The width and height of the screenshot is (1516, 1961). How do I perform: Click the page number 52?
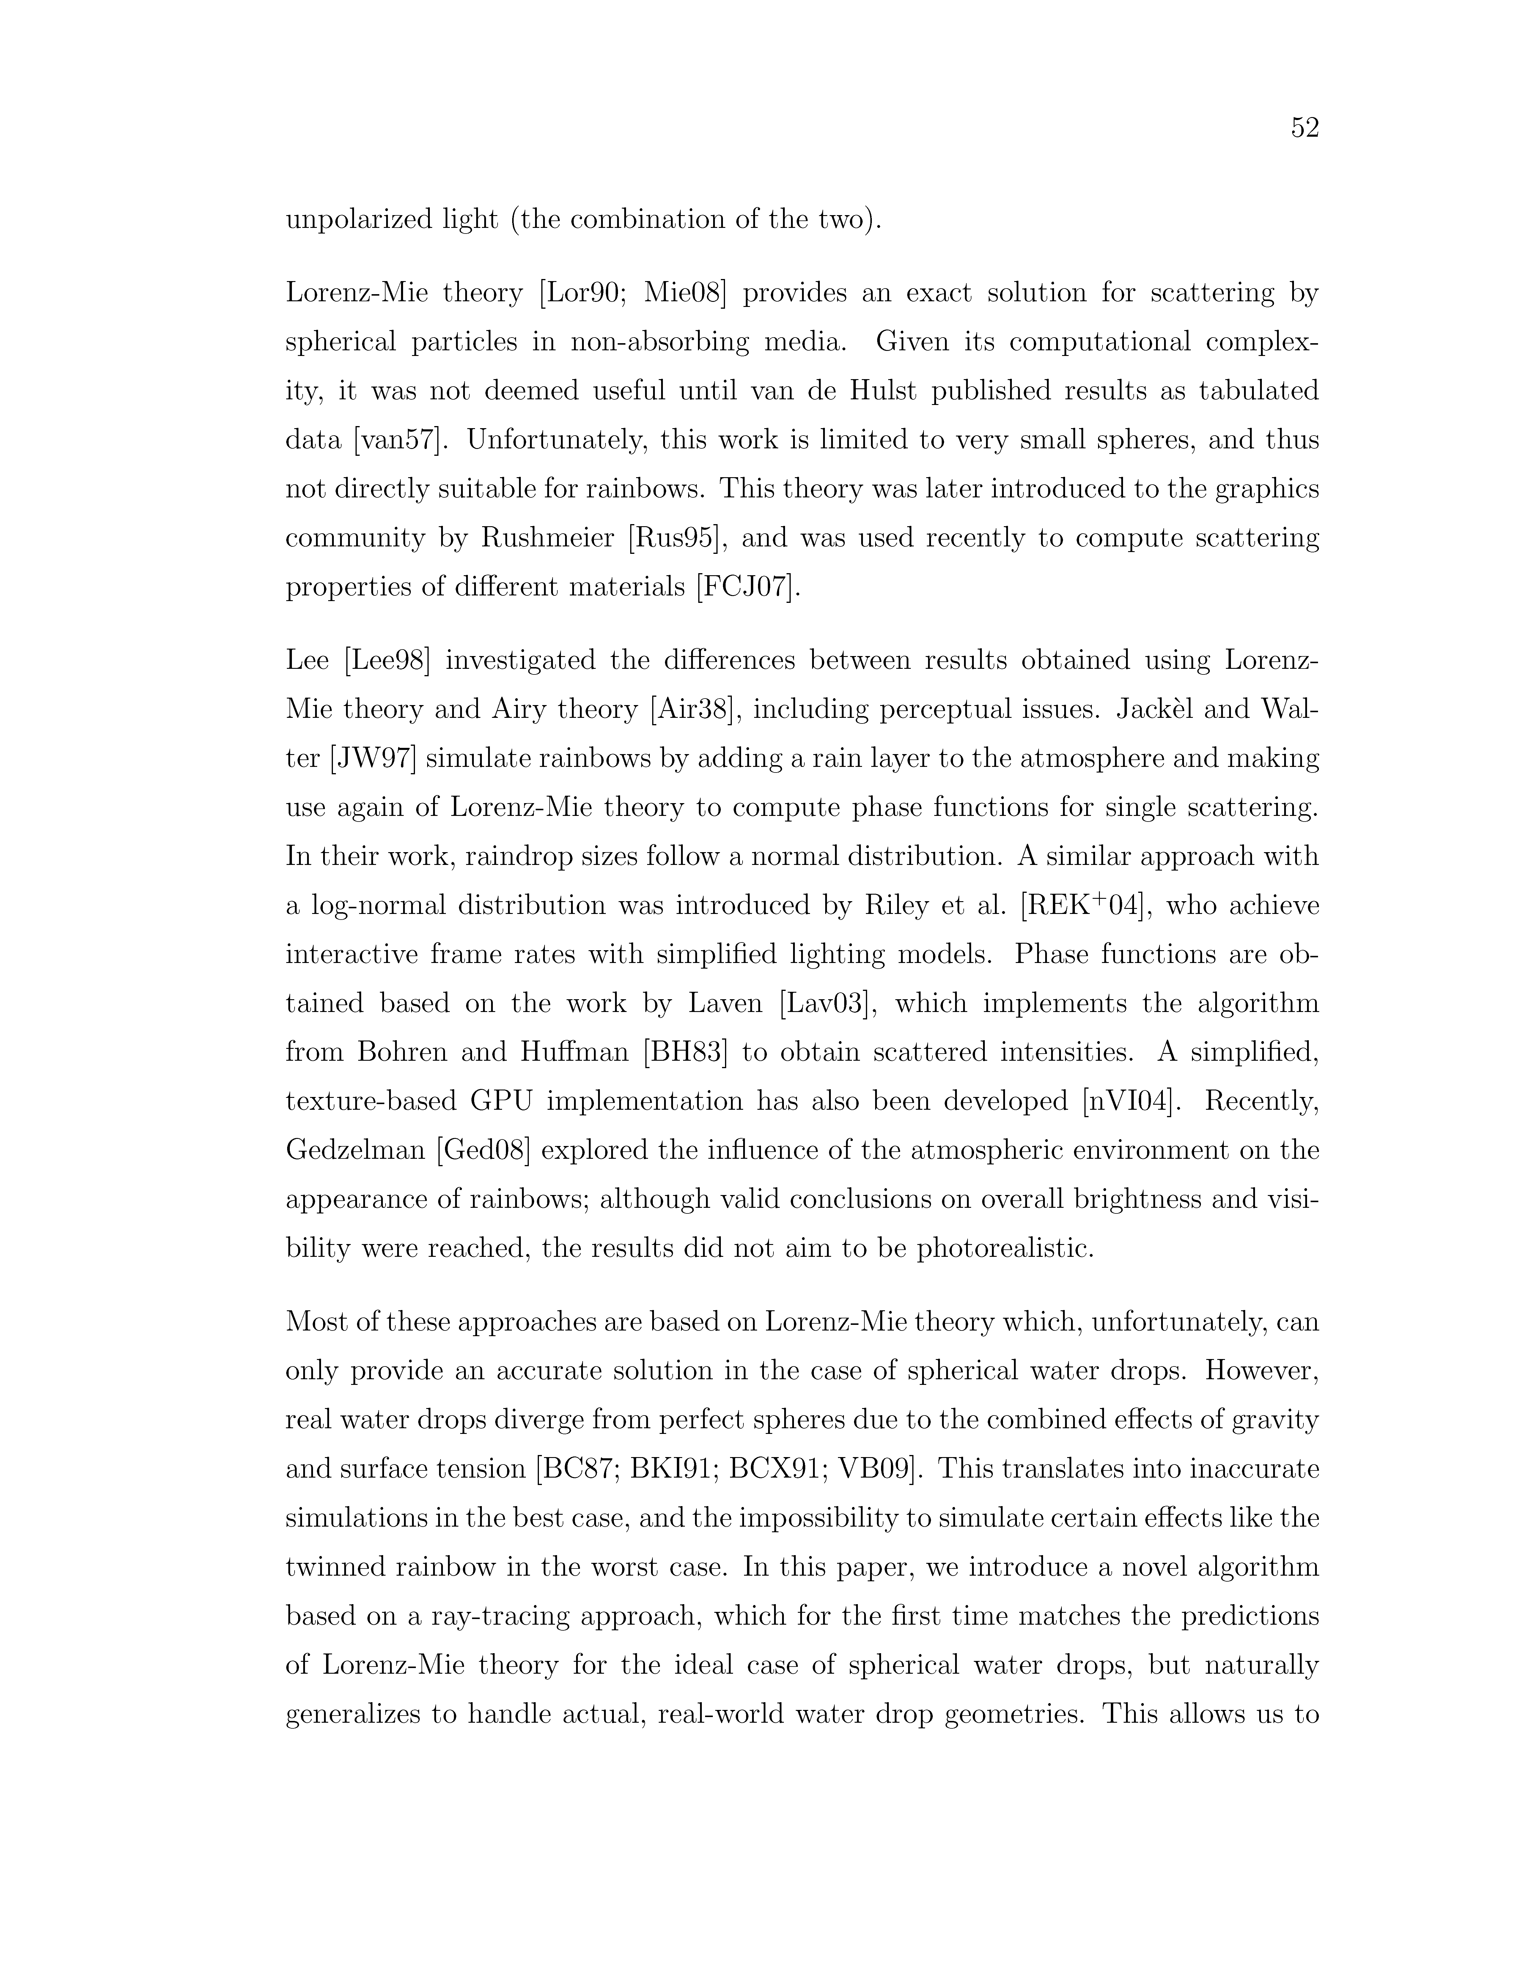(x=1304, y=128)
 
